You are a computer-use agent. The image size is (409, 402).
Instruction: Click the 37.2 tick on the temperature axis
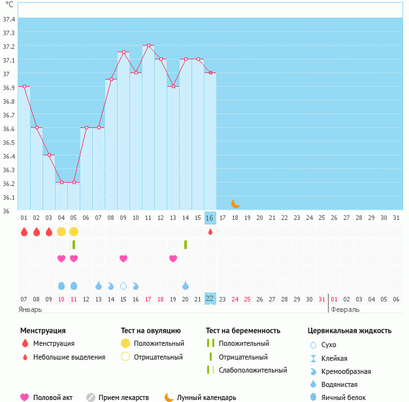click(9, 46)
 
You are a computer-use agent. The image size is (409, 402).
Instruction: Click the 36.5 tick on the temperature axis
click(9, 142)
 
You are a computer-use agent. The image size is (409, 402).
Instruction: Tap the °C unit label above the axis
click(9, 5)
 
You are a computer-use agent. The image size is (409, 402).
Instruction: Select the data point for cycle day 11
click(148, 46)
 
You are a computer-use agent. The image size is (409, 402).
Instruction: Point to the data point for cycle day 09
click(123, 52)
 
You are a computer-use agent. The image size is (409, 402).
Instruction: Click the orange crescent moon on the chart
click(235, 204)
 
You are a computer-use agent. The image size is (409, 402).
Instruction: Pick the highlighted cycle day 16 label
click(210, 217)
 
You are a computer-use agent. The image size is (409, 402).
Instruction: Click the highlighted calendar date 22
click(210, 298)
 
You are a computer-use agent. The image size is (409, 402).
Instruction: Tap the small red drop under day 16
click(210, 232)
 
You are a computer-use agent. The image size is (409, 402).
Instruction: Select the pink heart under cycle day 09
click(123, 258)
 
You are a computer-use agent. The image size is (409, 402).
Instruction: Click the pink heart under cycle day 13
click(173, 258)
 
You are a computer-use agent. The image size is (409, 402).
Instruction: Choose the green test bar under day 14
click(186, 245)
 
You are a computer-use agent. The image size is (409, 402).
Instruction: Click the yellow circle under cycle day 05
click(74, 232)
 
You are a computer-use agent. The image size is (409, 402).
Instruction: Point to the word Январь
click(30, 309)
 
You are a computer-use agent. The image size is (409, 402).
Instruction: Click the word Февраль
click(345, 309)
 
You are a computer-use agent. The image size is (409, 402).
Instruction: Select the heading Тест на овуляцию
click(150, 331)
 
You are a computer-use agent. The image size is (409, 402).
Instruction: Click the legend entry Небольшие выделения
click(69, 357)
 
